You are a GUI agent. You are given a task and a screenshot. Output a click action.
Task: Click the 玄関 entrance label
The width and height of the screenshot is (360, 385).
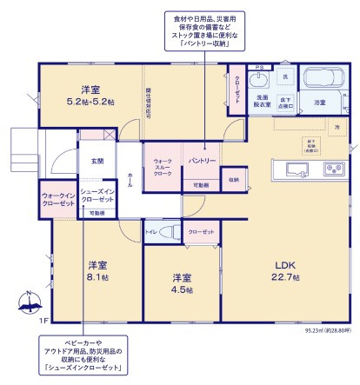96,161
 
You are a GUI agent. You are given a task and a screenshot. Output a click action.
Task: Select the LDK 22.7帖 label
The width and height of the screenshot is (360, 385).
288,270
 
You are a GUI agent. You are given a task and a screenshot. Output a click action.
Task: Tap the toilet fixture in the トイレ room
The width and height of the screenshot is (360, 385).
171,233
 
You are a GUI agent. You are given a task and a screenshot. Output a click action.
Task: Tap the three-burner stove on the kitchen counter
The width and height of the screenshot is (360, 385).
333,168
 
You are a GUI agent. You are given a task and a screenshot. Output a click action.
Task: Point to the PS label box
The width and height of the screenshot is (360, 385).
257,67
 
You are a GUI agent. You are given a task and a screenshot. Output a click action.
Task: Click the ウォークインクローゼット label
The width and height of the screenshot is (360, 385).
57,199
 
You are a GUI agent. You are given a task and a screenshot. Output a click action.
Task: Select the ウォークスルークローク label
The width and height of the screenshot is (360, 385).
163,166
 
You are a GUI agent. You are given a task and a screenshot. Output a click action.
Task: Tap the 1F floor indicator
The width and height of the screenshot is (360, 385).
43,321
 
